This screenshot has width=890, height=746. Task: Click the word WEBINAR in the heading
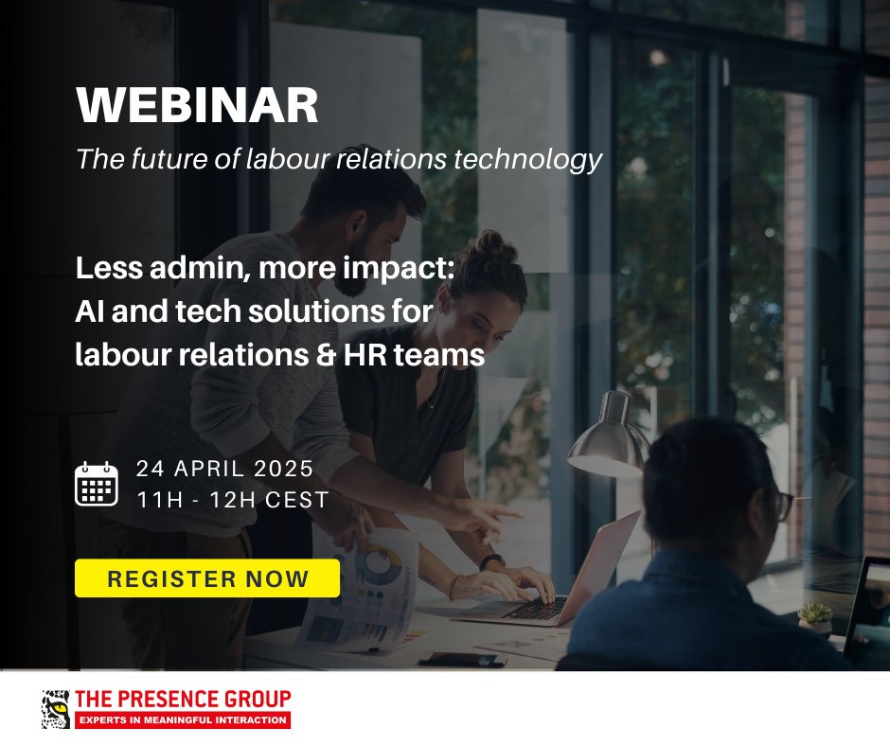click(198, 107)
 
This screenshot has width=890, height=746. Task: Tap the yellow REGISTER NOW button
click(207, 578)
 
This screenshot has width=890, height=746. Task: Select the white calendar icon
click(96, 484)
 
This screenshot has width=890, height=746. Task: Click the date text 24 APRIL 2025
click(224, 469)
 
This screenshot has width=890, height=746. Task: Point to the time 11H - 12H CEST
click(232, 499)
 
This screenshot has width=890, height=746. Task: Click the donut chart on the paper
click(378, 562)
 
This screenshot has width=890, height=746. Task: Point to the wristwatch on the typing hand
click(491, 562)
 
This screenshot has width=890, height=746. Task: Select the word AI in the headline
click(89, 313)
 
